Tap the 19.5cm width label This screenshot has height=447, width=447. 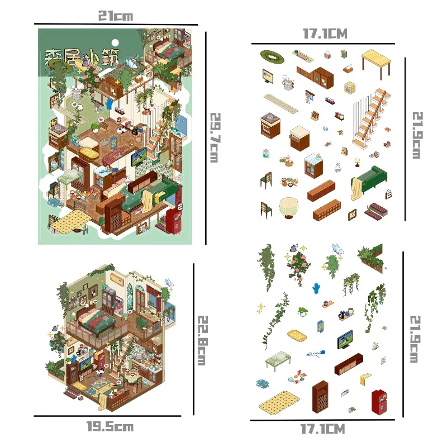110,427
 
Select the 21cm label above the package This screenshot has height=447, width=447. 116,16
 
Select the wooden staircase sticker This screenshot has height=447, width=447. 370,117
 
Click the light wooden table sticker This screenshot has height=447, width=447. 375,63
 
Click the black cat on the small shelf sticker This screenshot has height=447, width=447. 341,317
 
